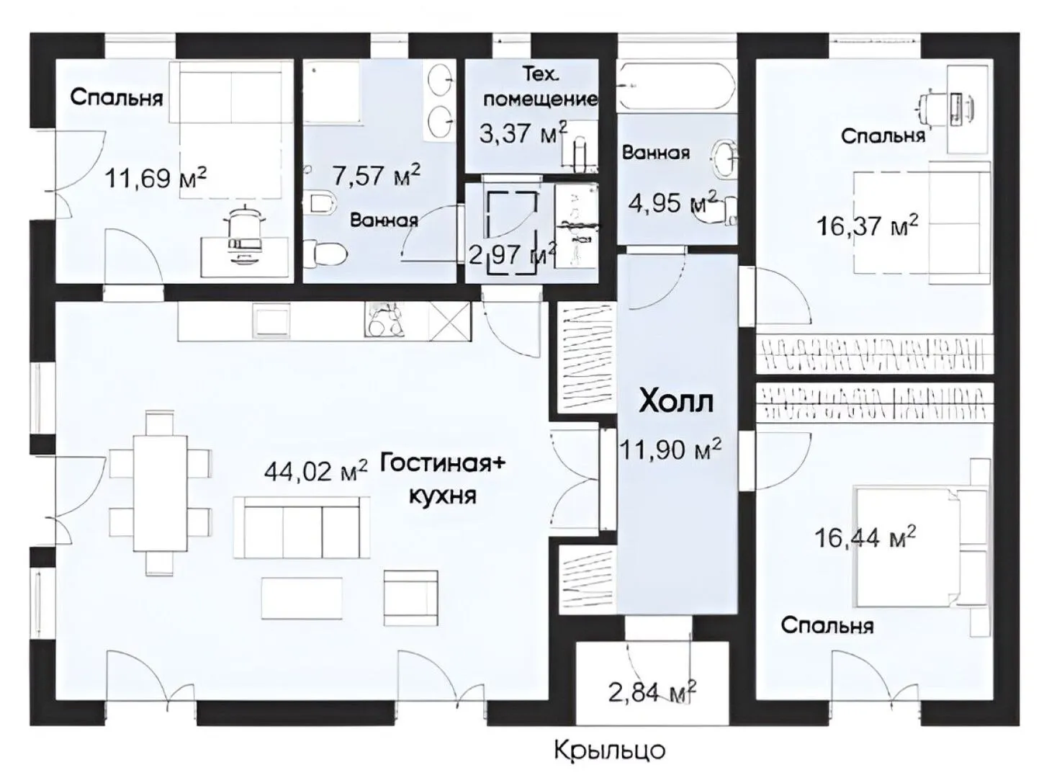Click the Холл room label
pyautogui.click(x=676, y=402)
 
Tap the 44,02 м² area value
pyautogui.click(x=315, y=471)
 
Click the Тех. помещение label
pyautogui.click(x=541, y=86)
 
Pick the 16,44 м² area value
pyautogui.click(x=865, y=537)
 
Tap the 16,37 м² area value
pyautogui.click(x=867, y=225)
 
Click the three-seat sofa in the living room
pyautogui.click(x=302, y=527)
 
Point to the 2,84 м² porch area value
pyautogui.click(x=652, y=692)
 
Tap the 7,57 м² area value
pyautogui.click(x=377, y=175)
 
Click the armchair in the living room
pyautogui.click(x=411, y=598)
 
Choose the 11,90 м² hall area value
pyautogui.click(x=670, y=449)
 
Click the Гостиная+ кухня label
pyautogui.click(x=443, y=479)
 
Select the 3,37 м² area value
pyautogui.click(x=523, y=133)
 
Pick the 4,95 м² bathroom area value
pyautogui.click(x=673, y=202)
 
